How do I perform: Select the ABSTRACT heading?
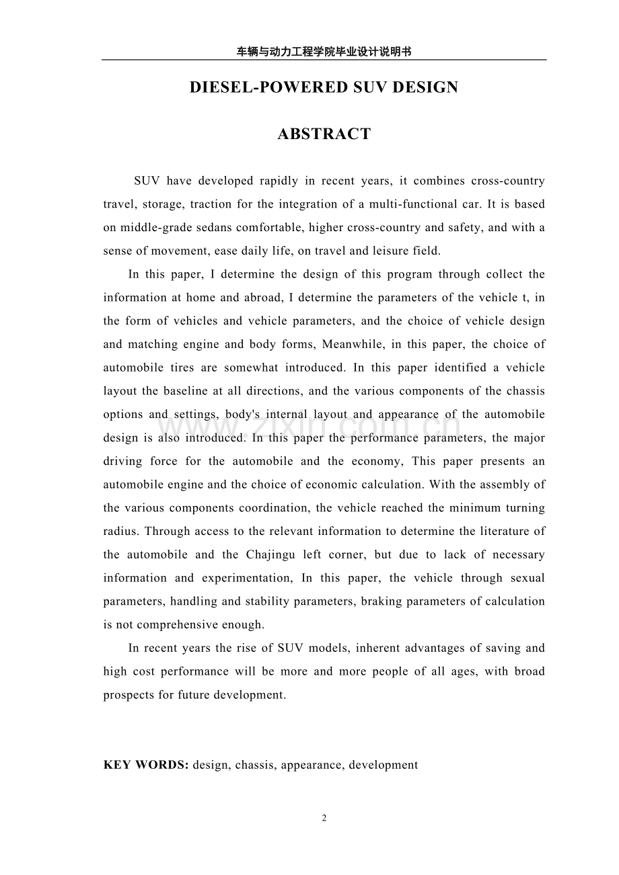point(324,134)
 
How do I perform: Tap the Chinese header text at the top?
point(324,50)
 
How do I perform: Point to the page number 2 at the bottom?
point(324,818)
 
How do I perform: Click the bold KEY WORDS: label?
point(146,765)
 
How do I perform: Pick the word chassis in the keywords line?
point(255,765)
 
